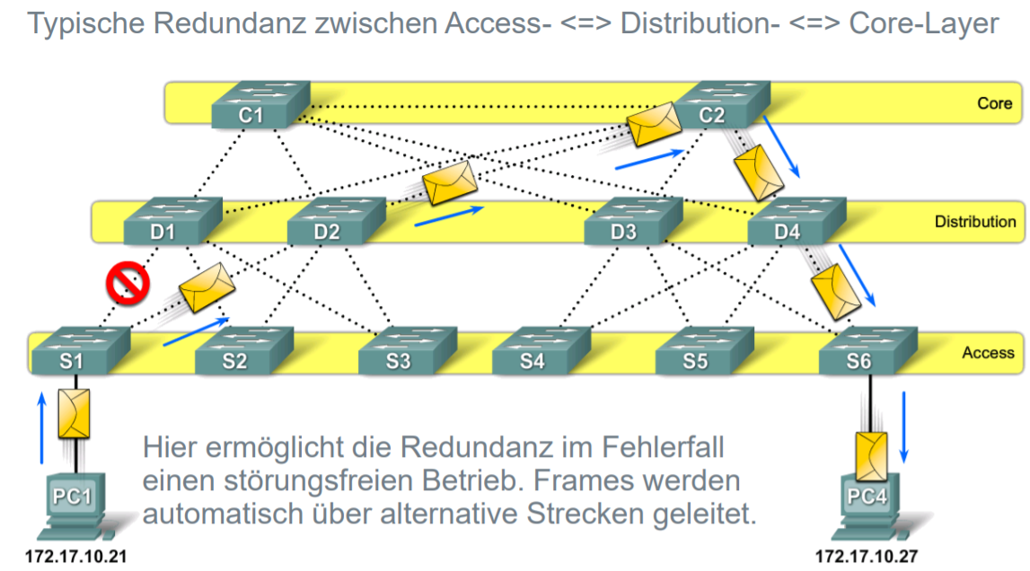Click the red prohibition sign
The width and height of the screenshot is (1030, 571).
point(128,284)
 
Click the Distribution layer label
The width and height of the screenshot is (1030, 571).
point(974,222)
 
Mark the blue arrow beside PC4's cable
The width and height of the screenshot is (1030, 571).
point(904,423)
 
